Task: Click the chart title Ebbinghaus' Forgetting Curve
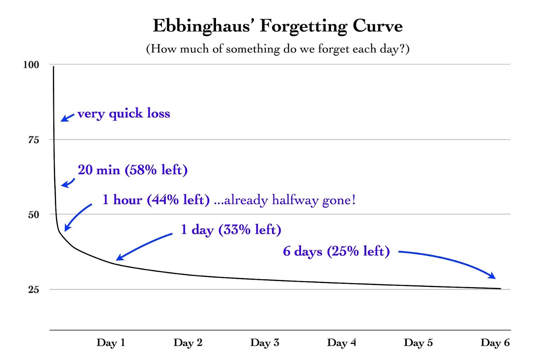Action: (x=277, y=26)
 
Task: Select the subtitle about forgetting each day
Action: (x=277, y=49)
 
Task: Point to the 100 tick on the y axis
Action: (x=31, y=65)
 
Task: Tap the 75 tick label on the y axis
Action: (x=33, y=140)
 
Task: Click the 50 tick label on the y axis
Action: (x=33, y=215)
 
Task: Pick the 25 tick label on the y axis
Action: (x=33, y=289)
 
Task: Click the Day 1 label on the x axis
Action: (x=111, y=343)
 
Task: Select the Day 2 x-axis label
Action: (x=188, y=343)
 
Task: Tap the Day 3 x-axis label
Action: (x=265, y=343)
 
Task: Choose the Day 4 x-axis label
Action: (x=341, y=343)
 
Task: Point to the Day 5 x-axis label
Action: (x=418, y=343)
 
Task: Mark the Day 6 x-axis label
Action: (x=495, y=343)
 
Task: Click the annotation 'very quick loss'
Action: (x=124, y=114)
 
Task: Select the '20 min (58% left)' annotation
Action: (x=133, y=170)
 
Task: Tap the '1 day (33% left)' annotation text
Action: (x=231, y=230)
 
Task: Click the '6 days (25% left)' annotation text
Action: (x=336, y=251)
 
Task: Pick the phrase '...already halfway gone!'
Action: (x=285, y=200)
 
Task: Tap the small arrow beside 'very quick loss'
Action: (x=67, y=118)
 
